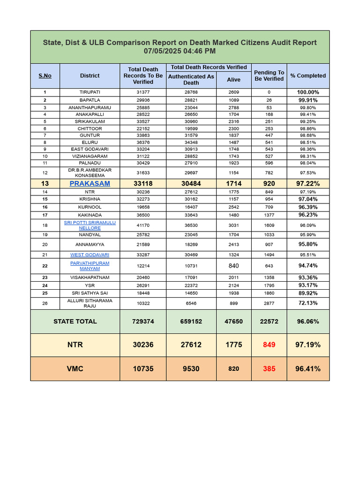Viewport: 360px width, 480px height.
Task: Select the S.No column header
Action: coord(45,75)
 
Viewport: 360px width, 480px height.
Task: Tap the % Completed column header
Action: coord(307,75)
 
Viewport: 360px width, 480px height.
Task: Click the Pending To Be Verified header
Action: coord(269,75)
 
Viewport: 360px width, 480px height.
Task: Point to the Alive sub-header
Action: coord(233,80)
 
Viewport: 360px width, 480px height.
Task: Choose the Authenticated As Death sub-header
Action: coord(191,80)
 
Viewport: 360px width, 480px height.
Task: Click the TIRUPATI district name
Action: coord(90,92)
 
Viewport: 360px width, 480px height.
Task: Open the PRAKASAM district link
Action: coord(90,184)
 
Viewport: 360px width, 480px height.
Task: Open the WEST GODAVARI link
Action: coord(90,255)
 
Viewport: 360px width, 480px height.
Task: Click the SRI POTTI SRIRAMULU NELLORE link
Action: coord(90,225)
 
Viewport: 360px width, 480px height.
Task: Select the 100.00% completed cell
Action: coord(307,92)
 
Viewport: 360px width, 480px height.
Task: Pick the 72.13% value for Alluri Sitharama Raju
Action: coord(307,303)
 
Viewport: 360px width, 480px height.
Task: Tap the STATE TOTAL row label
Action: coord(75,322)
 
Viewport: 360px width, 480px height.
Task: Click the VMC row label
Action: coord(75,369)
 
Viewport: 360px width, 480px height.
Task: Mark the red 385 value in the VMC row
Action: coord(269,369)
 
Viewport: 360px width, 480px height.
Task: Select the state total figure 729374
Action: coord(143,322)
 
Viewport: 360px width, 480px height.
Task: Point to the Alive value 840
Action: coord(233,266)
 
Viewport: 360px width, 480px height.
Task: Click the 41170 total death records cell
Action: coord(143,225)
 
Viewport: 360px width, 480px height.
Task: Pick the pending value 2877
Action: coord(269,303)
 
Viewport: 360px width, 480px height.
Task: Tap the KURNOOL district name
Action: coord(90,207)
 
